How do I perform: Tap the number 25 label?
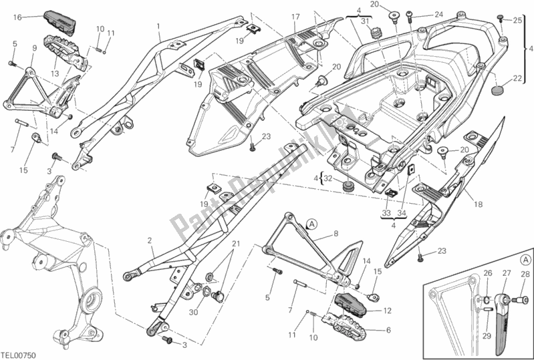[517, 21]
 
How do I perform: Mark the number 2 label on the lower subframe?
[150, 240]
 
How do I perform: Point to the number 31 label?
[365, 22]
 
